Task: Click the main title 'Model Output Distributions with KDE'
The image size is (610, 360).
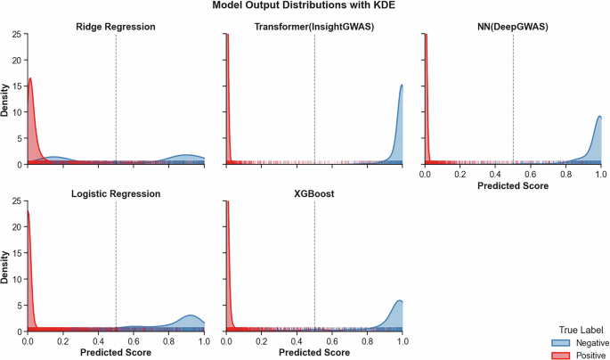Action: point(305,6)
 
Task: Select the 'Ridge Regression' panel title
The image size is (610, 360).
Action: point(116,27)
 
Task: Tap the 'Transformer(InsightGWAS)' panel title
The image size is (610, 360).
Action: point(314,27)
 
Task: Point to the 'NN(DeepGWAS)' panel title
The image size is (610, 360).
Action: point(513,27)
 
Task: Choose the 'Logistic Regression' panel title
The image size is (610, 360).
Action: point(116,192)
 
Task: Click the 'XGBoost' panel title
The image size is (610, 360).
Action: point(314,192)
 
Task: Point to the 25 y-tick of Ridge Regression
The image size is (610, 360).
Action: point(17,35)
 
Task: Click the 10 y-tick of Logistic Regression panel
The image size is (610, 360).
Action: point(17,278)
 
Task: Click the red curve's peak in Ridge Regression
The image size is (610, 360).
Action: point(30,78)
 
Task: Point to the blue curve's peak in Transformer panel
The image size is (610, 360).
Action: point(402,86)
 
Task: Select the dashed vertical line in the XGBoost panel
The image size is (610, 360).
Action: point(314,267)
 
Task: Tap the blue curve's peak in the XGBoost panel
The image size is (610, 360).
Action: point(399,300)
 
